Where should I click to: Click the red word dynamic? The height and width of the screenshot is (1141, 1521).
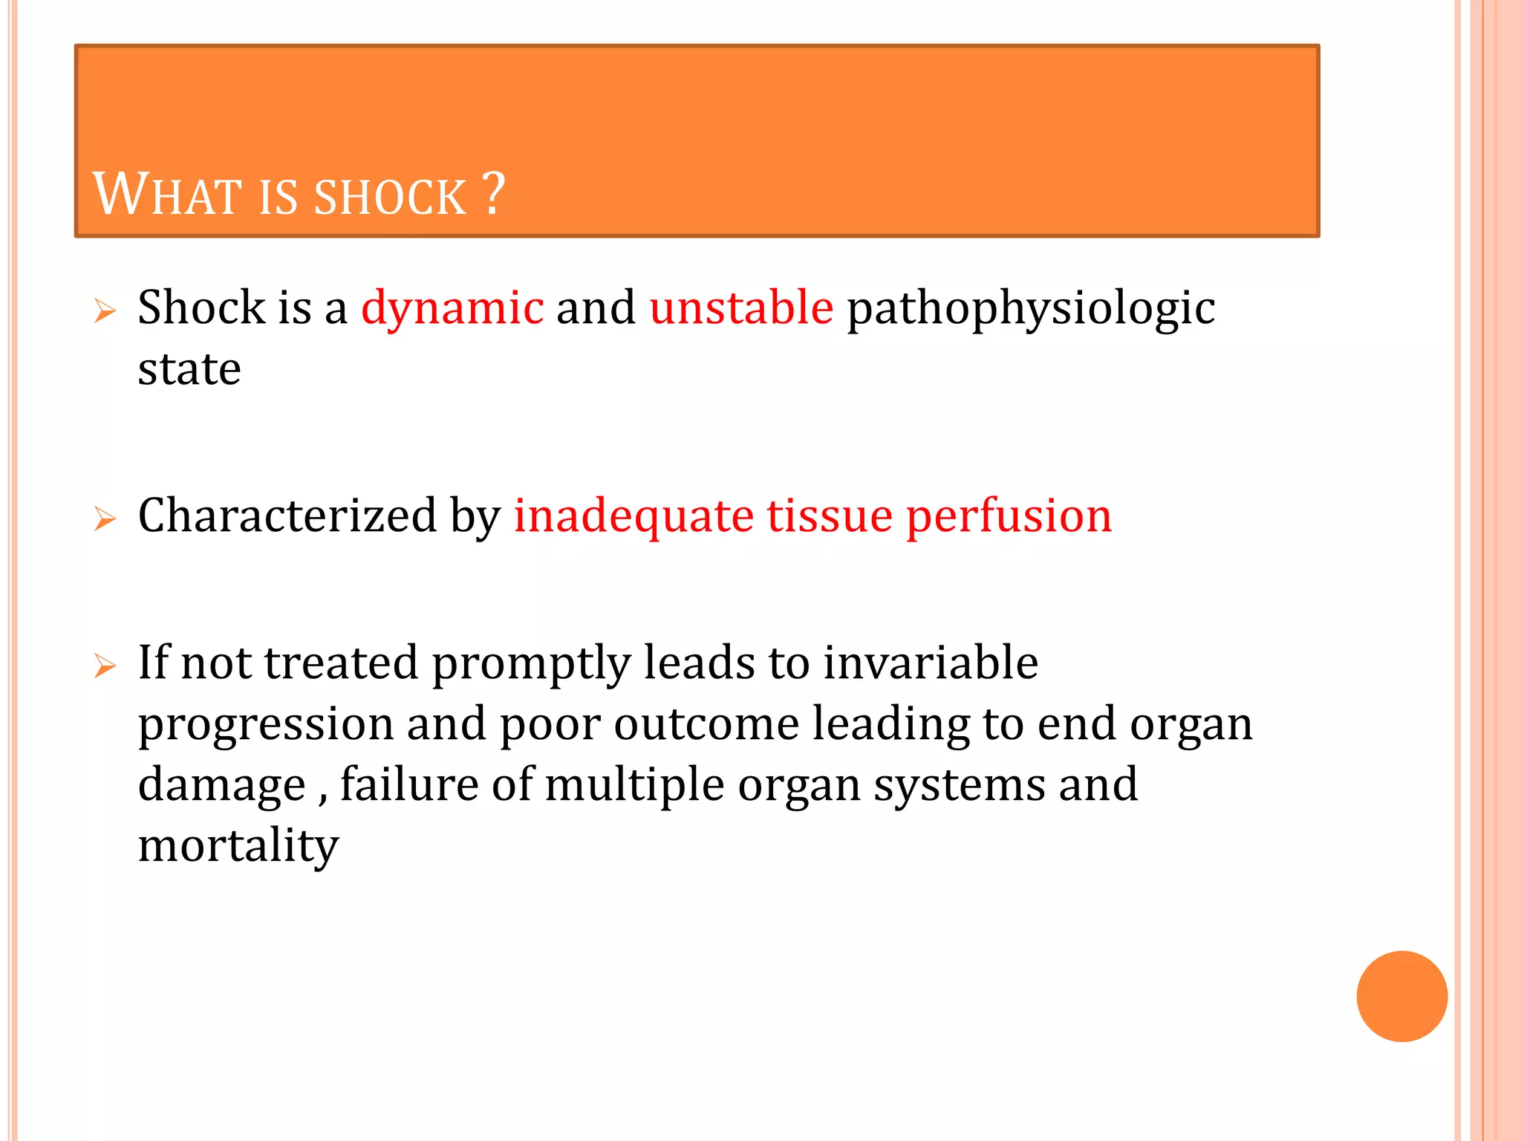click(452, 308)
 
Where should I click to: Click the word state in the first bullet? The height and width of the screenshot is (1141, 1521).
click(189, 369)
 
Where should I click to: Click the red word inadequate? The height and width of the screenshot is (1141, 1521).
click(634, 517)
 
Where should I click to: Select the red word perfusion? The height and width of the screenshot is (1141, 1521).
click(1009, 517)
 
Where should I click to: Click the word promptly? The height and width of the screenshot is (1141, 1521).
click(531, 664)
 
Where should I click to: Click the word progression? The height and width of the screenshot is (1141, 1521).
click(266, 725)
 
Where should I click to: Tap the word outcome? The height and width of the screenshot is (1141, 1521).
click(706, 724)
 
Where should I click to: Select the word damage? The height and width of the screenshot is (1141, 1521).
click(221, 786)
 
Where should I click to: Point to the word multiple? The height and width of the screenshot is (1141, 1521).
click(634, 786)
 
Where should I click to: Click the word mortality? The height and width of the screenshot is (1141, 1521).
click(238, 847)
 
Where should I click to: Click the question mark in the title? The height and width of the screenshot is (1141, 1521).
click(493, 194)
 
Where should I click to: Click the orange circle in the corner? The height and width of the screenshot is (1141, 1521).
click(1401, 996)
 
